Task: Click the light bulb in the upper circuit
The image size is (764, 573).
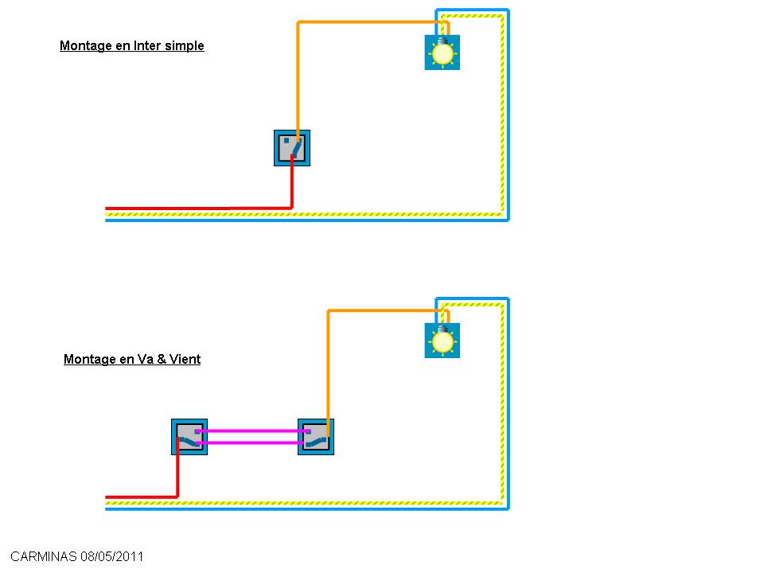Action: [442, 53]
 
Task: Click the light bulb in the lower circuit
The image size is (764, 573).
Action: [442, 341]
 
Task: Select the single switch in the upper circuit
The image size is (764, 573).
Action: [291, 148]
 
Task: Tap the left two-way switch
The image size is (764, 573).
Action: [189, 437]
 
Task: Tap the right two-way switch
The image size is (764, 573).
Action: [316, 437]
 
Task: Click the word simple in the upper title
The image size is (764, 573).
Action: [184, 46]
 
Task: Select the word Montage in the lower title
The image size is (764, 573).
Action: [89, 360]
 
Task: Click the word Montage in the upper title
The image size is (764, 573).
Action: [85, 46]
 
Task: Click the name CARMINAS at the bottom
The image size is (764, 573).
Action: [43, 557]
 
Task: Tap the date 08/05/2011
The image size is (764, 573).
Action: [111, 557]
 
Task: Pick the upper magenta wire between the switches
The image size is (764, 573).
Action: [251, 431]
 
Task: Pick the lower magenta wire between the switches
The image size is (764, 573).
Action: [251, 442]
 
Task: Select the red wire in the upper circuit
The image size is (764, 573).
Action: [199, 209]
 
